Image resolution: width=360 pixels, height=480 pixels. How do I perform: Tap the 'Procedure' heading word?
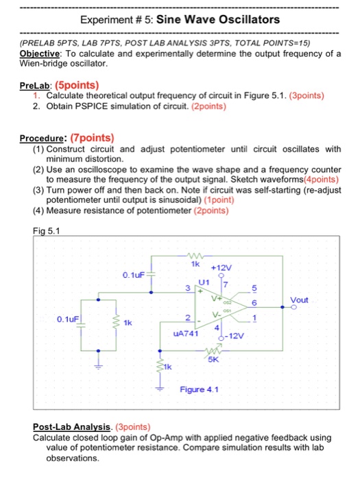point(44,137)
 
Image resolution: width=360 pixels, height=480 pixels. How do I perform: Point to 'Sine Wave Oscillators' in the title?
point(218,19)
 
